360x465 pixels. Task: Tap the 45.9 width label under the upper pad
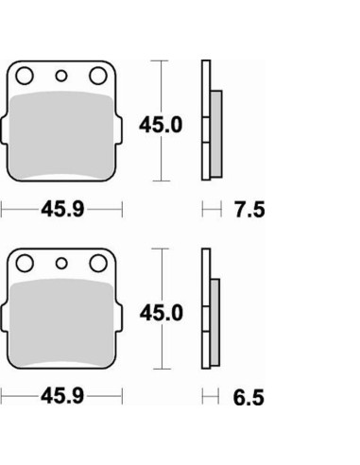(x=62, y=209)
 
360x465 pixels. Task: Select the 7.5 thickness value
(x=249, y=209)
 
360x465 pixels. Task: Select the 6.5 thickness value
(x=249, y=398)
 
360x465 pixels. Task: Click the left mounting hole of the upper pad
(x=26, y=76)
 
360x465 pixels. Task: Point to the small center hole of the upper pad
(x=62, y=77)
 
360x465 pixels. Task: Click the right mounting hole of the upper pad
(x=97, y=76)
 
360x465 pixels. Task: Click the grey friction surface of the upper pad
(x=62, y=132)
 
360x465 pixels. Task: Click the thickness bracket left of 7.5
(x=212, y=209)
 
